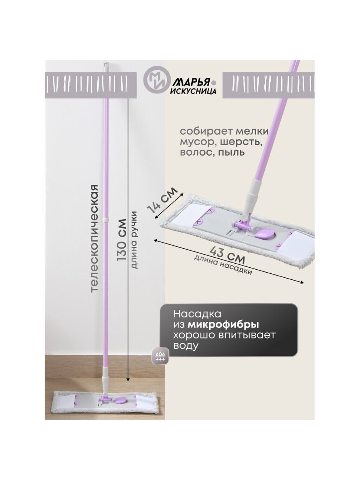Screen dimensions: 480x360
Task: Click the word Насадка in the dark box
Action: click(x=197, y=313)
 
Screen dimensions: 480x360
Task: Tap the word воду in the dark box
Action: click(x=186, y=345)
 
